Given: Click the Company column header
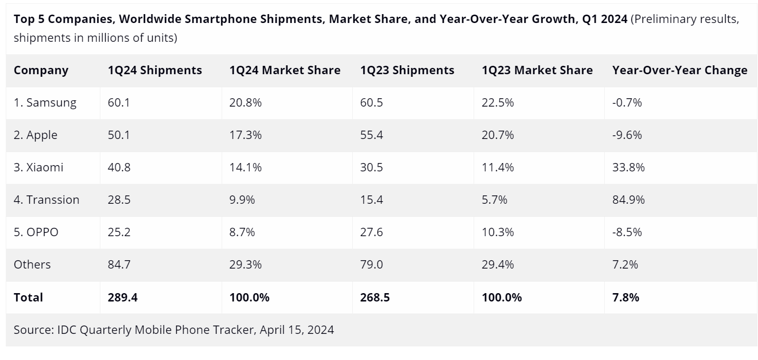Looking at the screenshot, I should (41, 71).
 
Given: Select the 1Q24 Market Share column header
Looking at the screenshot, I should (284, 71).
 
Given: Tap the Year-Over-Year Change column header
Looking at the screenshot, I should (680, 71).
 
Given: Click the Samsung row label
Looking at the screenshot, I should (45, 103).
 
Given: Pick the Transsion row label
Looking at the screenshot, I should (47, 200).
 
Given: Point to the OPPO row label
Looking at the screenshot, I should (36, 233).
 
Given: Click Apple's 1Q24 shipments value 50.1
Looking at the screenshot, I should (119, 135).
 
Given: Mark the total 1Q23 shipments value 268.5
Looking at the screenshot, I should (375, 298).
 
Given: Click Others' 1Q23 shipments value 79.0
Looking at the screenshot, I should (371, 265).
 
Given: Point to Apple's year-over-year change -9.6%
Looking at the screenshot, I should (627, 135).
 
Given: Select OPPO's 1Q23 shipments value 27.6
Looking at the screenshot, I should (371, 233).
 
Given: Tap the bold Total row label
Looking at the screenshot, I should (28, 298).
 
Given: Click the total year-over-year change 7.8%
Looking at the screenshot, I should (625, 298).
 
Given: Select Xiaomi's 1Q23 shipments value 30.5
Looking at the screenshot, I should (371, 168).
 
